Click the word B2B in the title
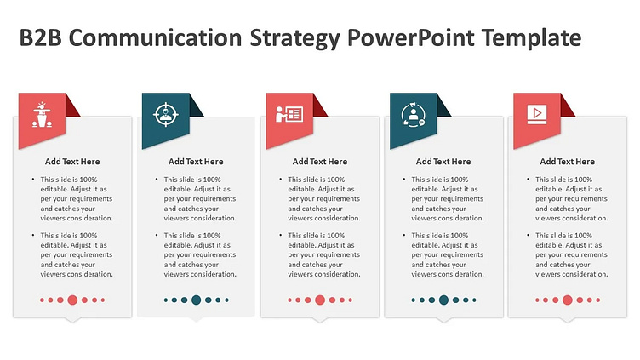40,37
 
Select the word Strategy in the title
294,39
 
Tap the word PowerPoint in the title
410,37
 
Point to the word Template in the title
531,39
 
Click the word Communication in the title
156,37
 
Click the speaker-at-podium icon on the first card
42,115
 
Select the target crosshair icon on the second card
166,114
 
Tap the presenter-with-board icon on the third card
289,114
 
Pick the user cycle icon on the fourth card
413,115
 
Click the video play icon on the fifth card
537,114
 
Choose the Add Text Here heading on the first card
72,162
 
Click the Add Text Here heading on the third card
320,162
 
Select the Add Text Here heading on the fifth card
568,162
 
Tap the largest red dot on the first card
72,300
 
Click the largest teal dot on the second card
197,300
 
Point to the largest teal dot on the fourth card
443,300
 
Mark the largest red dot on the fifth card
568,300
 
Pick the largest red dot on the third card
320,300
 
